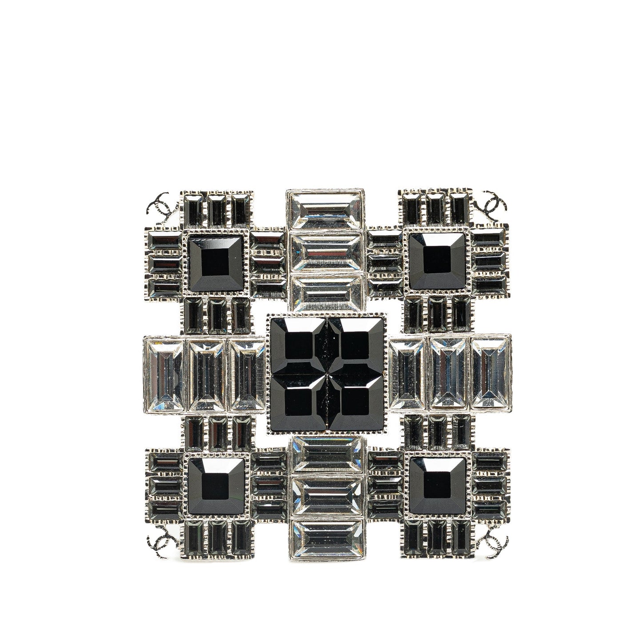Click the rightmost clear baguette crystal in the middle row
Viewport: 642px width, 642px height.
point(490,372)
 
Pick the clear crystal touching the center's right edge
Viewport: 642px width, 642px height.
point(407,372)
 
